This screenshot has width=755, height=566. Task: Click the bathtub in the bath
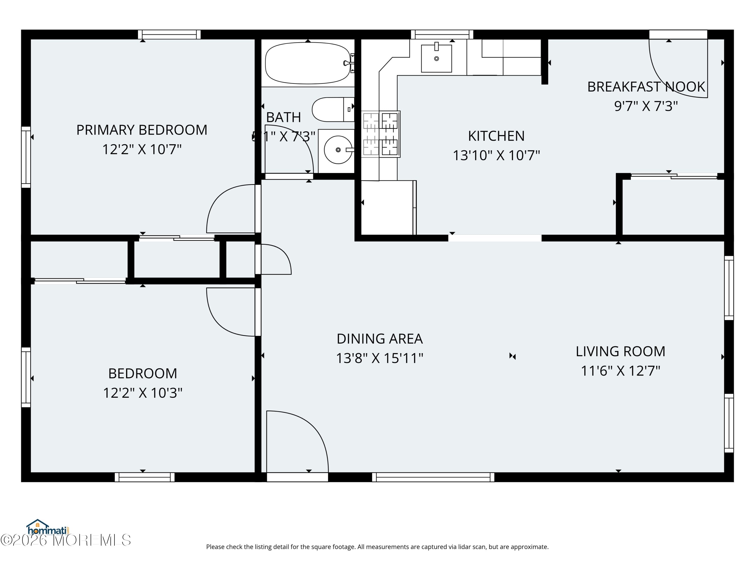point(307,63)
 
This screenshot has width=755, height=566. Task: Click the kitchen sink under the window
point(436,58)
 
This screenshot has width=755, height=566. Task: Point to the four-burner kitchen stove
point(381,134)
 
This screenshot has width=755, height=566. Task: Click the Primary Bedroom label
point(142,130)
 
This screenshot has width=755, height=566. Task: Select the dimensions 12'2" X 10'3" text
point(143,393)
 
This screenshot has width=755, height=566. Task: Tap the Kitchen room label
point(496,136)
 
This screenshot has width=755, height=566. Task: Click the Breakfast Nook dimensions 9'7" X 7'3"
point(646,106)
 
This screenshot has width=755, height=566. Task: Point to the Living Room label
point(620,351)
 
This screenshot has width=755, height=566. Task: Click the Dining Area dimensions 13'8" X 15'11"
point(380,358)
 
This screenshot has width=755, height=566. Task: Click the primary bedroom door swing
point(229,208)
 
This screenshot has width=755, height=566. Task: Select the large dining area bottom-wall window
point(433,477)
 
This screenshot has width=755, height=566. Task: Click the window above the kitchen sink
point(442,34)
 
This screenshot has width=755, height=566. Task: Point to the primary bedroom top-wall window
point(169,34)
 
